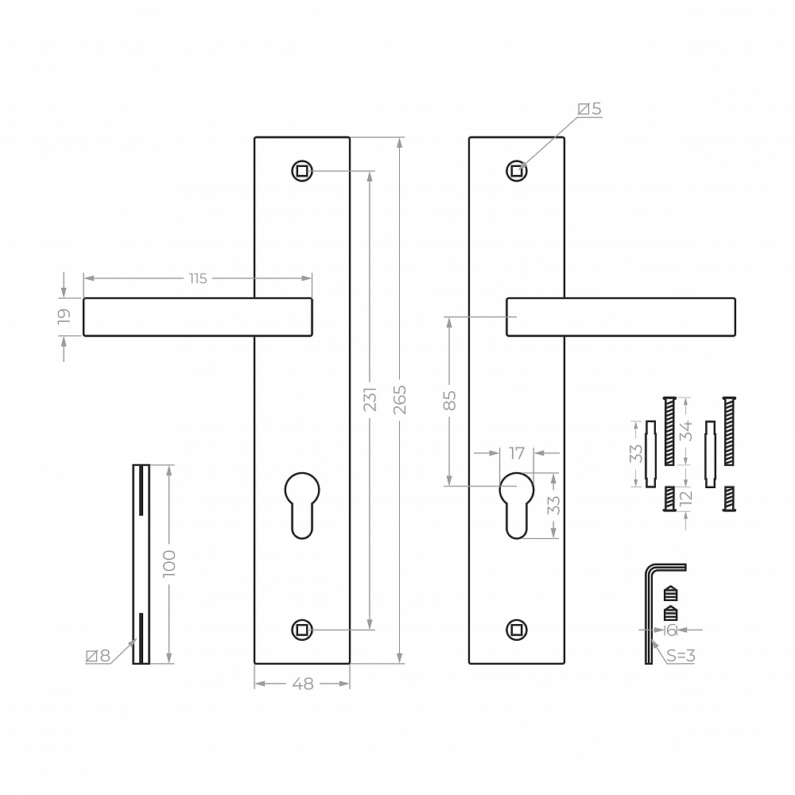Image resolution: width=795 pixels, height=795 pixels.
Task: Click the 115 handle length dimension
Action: point(198,278)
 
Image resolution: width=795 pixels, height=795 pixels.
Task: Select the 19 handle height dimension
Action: point(64,316)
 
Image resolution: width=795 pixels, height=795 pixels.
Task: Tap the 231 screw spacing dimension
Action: point(370,399)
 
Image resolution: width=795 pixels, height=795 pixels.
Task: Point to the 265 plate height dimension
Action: point(400,400)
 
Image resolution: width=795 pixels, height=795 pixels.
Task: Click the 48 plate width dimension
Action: point(303,684)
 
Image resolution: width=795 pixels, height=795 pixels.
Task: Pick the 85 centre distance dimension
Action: point(450,401)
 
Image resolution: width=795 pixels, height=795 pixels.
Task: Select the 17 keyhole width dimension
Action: point(517,453)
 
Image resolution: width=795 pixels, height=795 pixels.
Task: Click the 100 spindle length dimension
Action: point(169,563)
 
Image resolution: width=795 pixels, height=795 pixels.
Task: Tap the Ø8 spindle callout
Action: point(98,656)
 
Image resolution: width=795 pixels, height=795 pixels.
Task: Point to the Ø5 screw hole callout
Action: point(590,109)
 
